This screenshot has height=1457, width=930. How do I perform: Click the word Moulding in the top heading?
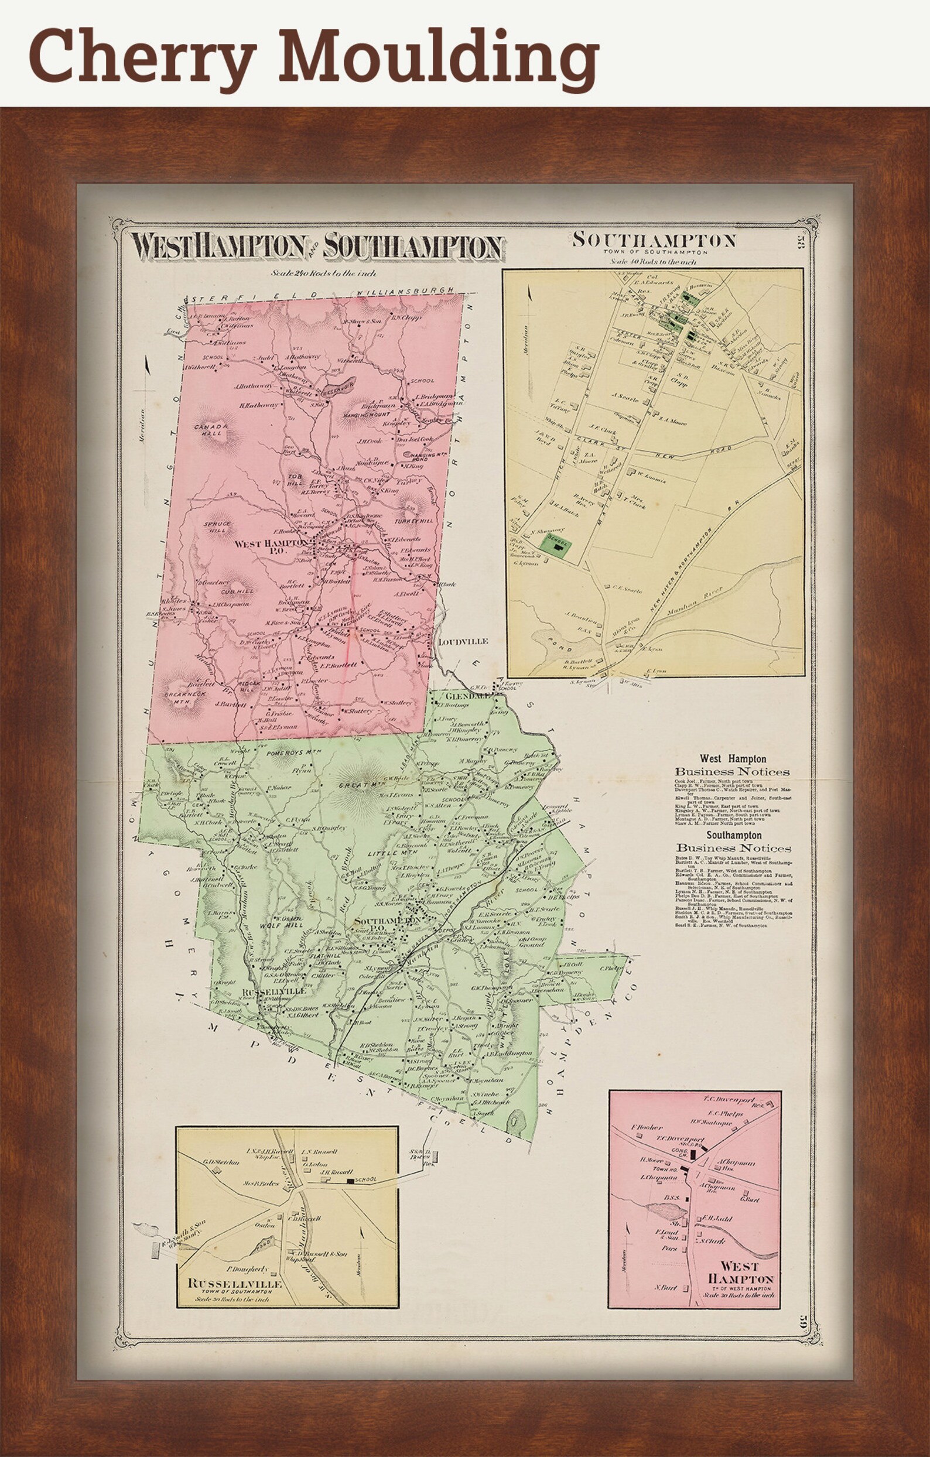coord(439,56)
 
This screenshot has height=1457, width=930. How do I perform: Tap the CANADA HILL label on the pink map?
coord(210,430)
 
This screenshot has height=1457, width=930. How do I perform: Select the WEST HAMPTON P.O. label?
coord(272,547)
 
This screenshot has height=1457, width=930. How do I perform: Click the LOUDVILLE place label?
coord(462,642)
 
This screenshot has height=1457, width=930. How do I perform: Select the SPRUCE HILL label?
coord(217,526)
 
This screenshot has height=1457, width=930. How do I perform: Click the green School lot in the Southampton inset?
coord(557,545)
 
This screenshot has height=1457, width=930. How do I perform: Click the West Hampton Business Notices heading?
coord(732,765)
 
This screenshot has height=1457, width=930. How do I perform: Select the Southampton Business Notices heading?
coord(733,842)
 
